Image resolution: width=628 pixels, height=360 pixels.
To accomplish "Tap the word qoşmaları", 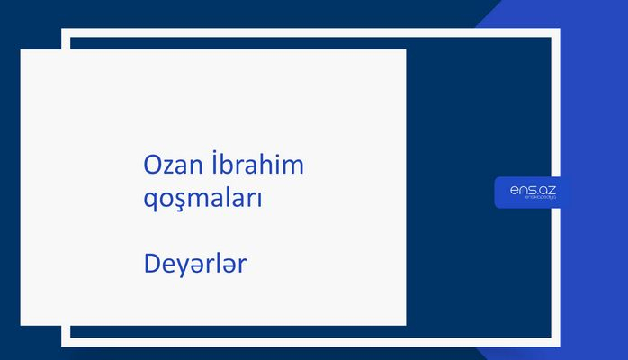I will (x=202, y=198).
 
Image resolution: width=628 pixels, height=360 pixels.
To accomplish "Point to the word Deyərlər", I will (x=195, y=265).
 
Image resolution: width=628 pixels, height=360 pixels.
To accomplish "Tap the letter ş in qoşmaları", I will (x=184, y=199).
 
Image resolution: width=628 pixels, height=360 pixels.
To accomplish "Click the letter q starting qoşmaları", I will (x=151, y=200).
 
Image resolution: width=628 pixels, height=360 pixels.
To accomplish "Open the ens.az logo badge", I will (x=532, y=192).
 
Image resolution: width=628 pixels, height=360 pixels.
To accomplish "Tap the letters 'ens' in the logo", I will (x=521, y=189).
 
